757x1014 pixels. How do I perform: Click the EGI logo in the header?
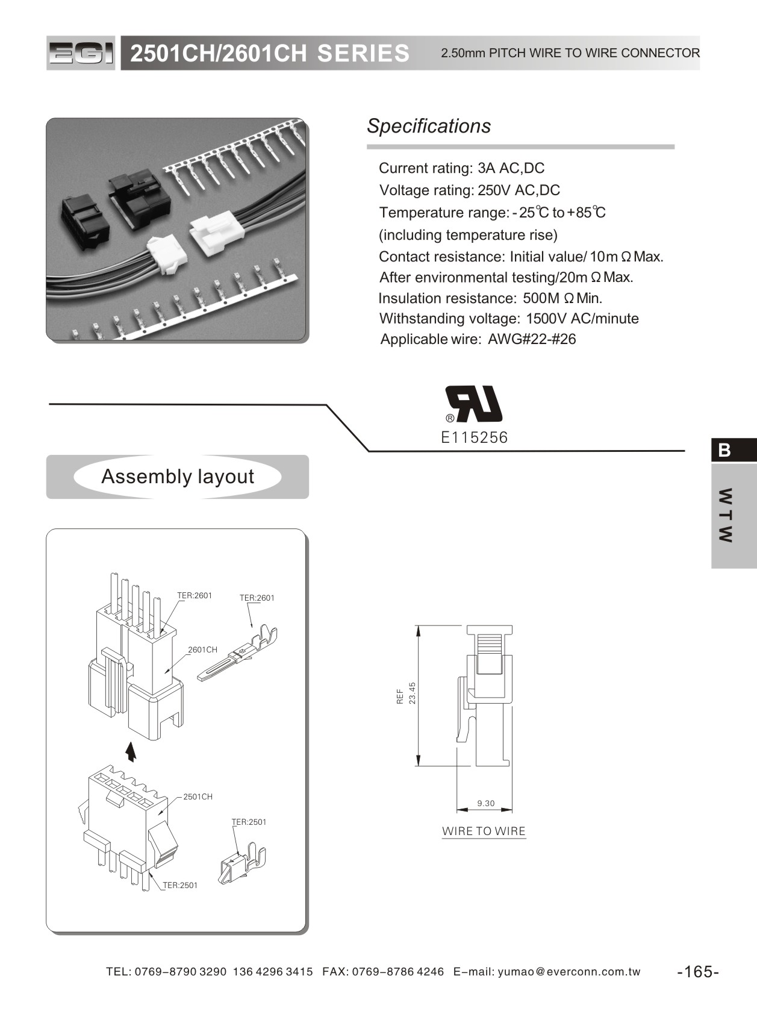[81, 54]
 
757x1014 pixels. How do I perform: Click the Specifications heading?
[429, 126]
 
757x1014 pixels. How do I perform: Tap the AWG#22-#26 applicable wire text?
[532, 339]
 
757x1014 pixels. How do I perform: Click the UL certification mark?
[473, 404]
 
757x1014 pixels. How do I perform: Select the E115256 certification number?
[475, 437]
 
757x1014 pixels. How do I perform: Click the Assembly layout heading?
[177, 477]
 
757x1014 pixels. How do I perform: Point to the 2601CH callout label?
[202, 649]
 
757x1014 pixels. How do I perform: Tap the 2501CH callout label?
[198, 796]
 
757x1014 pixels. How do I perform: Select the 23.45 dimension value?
[413, 693]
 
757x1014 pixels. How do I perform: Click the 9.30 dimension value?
[485, 803]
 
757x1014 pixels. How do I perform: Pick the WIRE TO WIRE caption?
[484, 831]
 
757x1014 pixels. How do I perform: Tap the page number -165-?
[698, 971]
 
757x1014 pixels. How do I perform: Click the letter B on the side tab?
[724, 450]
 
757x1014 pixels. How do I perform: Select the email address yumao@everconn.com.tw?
[569, 971]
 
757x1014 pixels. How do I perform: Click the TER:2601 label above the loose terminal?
[257, 598]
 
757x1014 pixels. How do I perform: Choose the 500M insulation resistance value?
[541, 298]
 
